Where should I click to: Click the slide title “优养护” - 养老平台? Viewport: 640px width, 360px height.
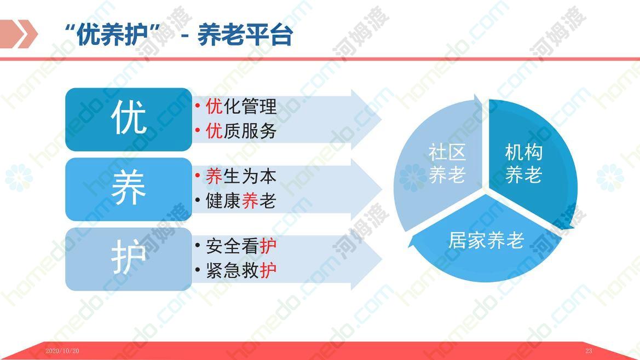(179, 34)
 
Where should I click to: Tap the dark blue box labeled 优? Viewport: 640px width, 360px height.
(129, 119)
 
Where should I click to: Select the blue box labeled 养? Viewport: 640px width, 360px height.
(129, 189)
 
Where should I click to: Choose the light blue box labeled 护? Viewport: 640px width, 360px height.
(129, 259)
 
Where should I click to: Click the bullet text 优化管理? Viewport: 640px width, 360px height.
(241, 106)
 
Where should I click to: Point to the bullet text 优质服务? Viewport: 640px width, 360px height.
(241, 131)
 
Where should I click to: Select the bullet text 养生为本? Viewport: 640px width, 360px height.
(241, 176)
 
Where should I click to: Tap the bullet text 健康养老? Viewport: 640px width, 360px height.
(241, 201)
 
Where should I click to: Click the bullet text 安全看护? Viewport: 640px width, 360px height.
(241, 246)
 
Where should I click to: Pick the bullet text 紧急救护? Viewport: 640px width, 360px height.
(241, 270)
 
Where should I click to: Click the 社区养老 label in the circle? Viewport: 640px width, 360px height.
(447, 164)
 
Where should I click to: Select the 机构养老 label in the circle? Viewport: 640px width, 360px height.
(524, 164)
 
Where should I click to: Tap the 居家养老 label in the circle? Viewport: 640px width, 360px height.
(486, 240)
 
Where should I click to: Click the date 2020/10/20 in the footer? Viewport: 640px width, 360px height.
(62, 351)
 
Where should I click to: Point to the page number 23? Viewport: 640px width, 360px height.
(589, 351)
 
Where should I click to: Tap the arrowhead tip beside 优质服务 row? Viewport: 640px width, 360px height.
(382, 119)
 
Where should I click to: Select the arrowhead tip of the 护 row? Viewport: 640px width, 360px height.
(382, 259)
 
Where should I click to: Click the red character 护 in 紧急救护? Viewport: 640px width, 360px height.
(268, 270)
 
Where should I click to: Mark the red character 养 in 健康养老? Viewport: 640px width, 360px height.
(250, 201)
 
